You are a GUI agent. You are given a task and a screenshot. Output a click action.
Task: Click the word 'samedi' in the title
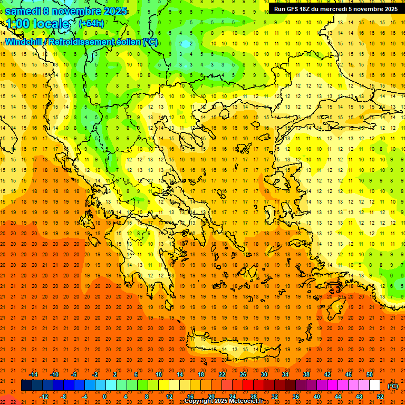tap(24, 11)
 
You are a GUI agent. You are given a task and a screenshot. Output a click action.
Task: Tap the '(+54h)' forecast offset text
tap(91, 24)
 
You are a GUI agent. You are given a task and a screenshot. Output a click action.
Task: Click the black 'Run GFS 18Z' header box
tap(336, 9)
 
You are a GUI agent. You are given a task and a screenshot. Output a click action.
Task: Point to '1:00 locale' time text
tap(37, 24)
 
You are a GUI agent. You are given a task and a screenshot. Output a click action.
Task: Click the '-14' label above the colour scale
tap(34, 374)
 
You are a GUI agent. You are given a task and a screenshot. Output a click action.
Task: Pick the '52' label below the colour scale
tap(380, 397)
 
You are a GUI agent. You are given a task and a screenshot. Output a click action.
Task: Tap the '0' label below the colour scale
tap(104, 397)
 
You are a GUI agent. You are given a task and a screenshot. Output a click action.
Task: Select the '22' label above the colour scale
tap(222, 374)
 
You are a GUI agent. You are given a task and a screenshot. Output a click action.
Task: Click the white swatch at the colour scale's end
tap(374, 385)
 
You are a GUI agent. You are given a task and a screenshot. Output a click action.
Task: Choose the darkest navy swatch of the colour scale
tap(26, 385)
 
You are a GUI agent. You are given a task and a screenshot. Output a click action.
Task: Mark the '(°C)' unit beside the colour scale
tap(392, 385)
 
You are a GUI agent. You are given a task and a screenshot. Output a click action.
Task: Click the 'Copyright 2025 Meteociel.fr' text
tap(231, 401)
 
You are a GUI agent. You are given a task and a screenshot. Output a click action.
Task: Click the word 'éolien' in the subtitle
tap(128, 42)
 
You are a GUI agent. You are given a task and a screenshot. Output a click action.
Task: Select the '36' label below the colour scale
tap(295, 397)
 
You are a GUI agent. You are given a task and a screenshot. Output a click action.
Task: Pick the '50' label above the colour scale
tap(369, 374)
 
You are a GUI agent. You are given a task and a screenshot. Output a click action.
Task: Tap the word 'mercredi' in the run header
tap(348, 9)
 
